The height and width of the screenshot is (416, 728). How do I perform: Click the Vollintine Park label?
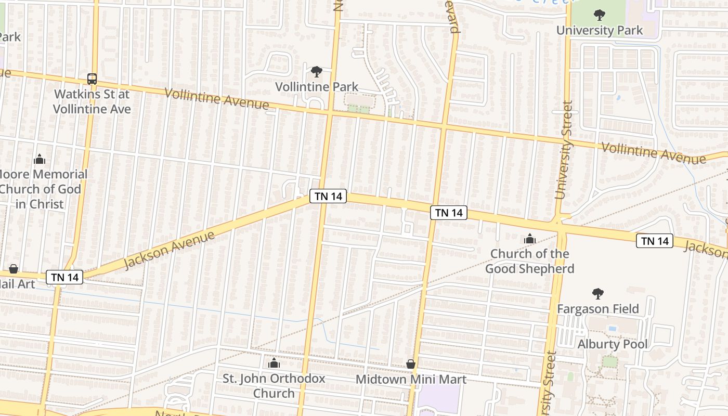(317, 86)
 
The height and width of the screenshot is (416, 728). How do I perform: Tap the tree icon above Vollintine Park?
(316, 71)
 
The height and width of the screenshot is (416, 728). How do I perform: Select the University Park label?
(600, 30)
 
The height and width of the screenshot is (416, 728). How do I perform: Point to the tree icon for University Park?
(600, 15)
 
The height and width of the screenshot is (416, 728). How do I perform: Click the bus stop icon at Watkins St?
(92, 79)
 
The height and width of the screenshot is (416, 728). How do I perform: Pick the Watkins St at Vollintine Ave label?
(92, 102)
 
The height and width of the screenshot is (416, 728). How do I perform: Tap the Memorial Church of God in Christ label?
(42, 189)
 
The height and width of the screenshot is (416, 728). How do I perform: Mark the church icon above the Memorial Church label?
(40, 159)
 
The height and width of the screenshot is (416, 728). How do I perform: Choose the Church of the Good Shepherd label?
(530, 261)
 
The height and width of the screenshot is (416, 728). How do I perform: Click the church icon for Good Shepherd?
(530, 239)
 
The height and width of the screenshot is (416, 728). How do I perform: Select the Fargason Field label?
(598, 309)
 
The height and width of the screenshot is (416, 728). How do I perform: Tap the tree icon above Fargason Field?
(598, 294)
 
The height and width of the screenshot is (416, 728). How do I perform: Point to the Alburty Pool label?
(613, 344)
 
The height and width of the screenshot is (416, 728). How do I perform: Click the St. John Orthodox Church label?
(274, 386)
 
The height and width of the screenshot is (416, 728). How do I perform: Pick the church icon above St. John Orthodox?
(274, 363)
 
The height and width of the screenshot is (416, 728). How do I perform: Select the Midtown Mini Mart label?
(411, 379)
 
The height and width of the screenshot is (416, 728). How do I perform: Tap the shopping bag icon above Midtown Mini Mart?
(411, 364)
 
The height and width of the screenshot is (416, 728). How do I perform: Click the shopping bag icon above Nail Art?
(14, 269)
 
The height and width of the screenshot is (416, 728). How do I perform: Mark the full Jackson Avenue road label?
(170, 250)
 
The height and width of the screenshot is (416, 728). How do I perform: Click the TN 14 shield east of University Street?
(655, 241)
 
